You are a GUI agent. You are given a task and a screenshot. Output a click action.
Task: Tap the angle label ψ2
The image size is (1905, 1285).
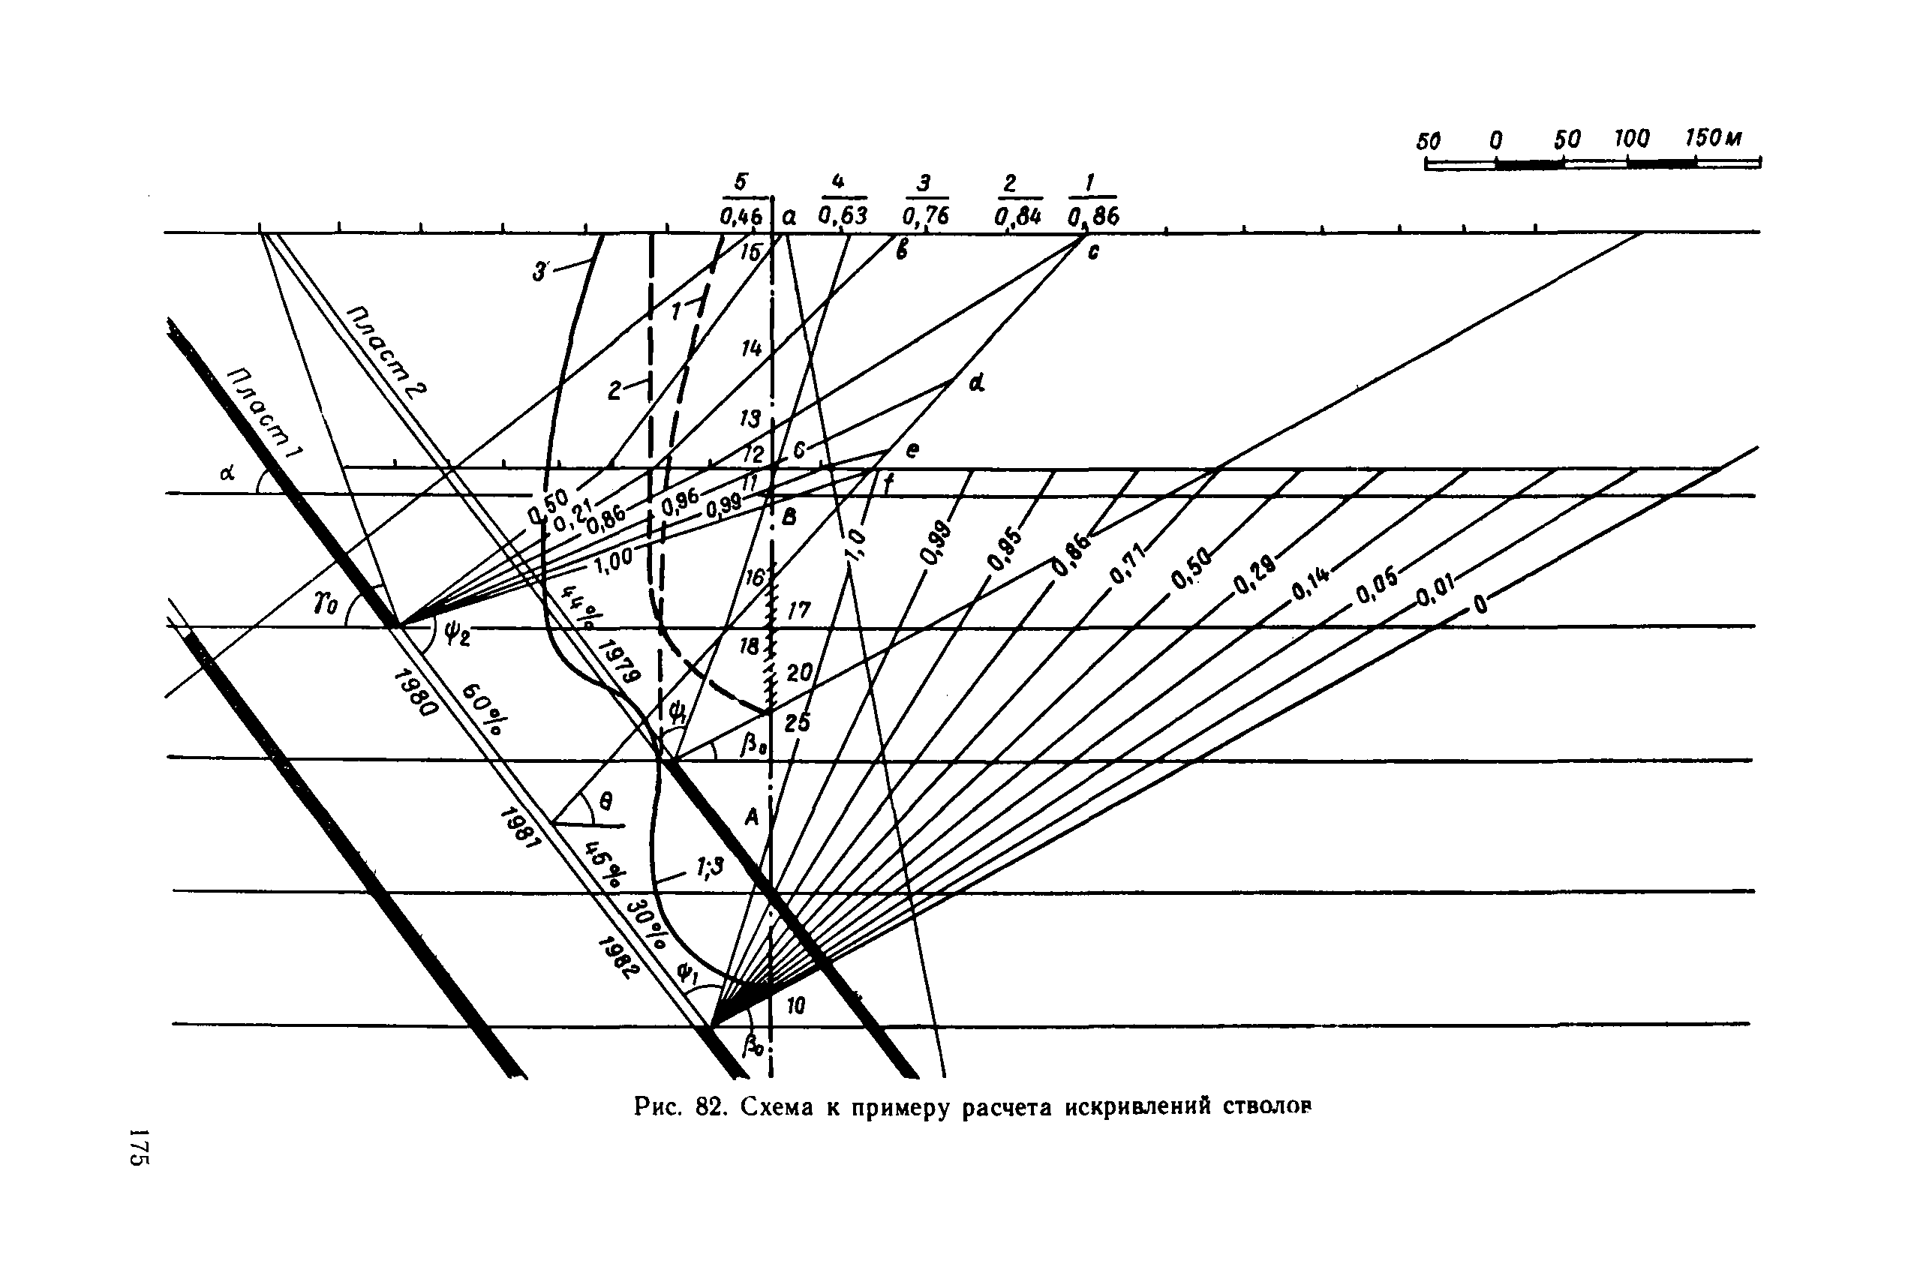tap(457, 632)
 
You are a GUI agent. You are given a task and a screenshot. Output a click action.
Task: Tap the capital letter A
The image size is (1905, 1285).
tap(751, 816)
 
